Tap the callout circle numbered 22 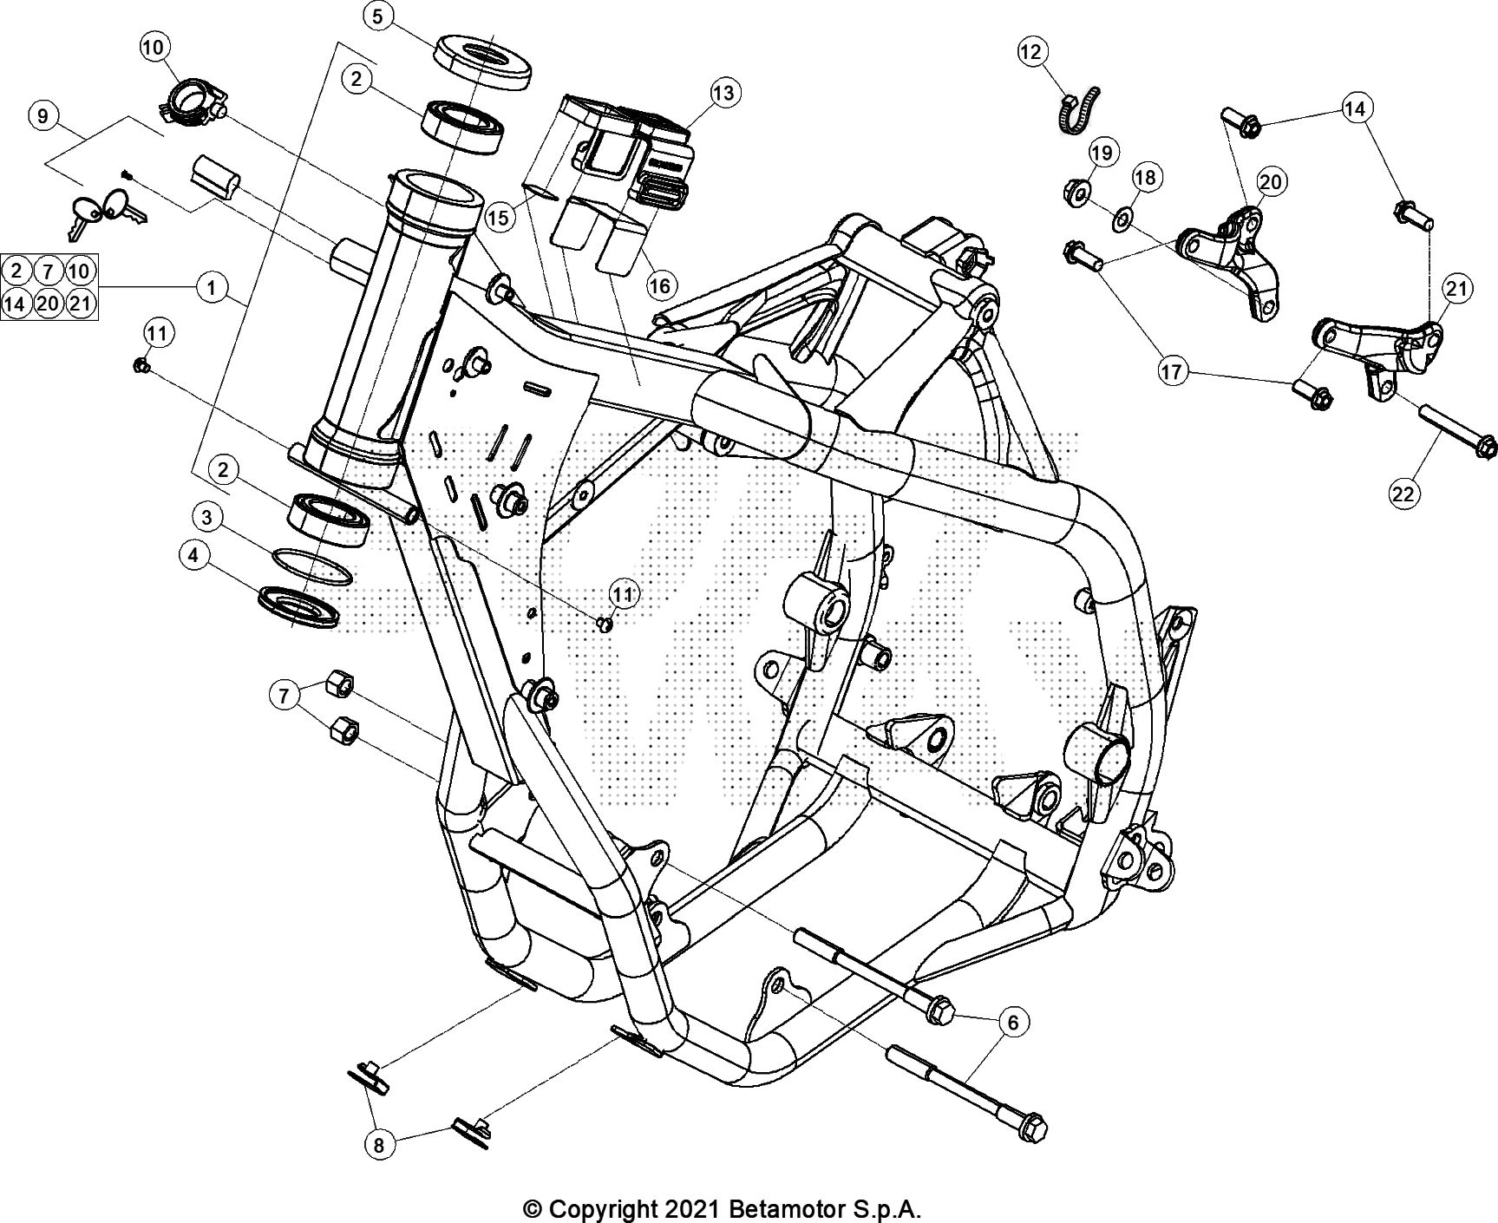1403,494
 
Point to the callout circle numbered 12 1031,53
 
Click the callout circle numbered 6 1013,1023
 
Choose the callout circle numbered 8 379,1145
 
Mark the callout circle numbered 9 44,116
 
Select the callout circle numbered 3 206,519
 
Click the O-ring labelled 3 312,569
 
